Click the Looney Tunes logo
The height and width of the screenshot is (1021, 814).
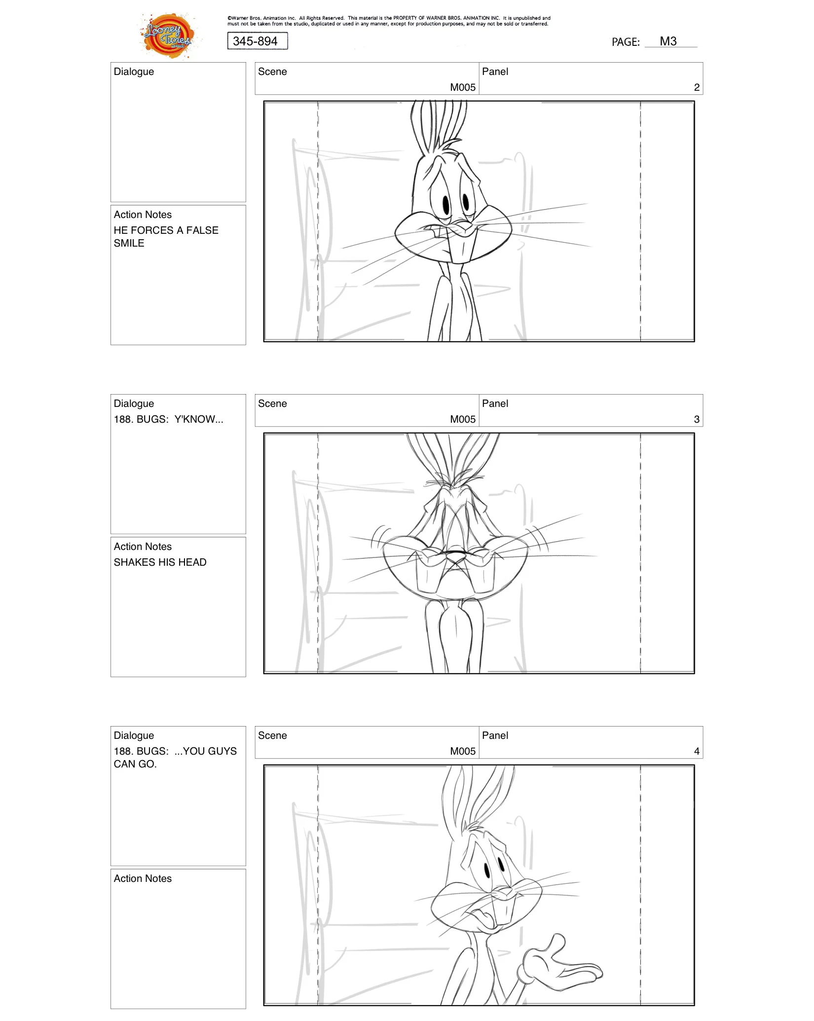pos(168,36)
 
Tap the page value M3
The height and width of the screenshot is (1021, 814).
pos(668,41)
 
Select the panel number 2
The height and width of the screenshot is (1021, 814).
pos(696,88)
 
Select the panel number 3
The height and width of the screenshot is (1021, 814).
pos(696,420)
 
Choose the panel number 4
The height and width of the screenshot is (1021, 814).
pos(696,752)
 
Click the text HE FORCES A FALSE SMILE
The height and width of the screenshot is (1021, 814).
pos(166,237)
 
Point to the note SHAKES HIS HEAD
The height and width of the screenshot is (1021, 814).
pos(160,562)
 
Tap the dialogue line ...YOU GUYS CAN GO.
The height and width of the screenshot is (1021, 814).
pos(175,758)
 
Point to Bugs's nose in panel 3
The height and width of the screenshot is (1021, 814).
pos(455,555)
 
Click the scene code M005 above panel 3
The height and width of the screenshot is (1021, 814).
pos(462,420)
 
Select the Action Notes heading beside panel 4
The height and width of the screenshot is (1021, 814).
pos(143,878)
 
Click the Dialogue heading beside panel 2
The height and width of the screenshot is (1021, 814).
pos(134,72)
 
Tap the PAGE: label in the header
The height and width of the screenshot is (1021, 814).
pos(625,42)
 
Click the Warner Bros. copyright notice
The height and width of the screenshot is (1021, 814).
pos(388,21)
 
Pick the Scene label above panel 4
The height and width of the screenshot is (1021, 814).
pos(272,735)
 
